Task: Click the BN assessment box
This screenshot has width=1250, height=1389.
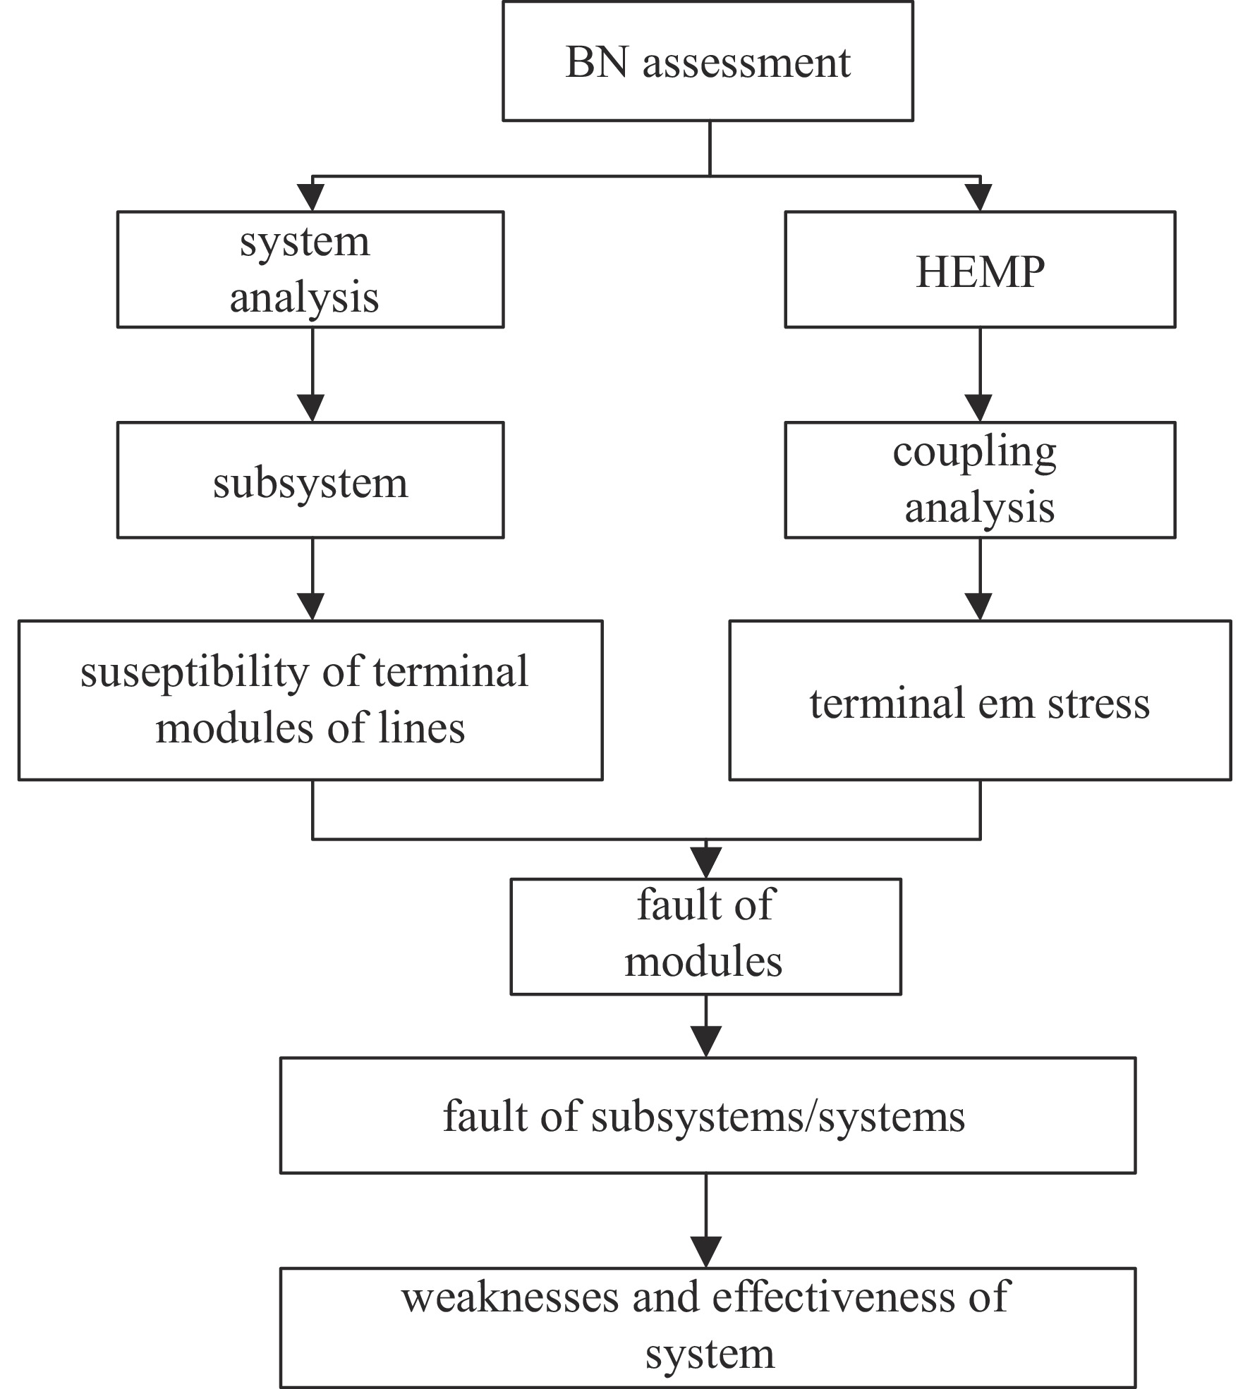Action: [x=708, y=61]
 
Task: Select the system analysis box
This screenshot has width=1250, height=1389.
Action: [x=310, y=269]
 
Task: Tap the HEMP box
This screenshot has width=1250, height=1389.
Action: [x=980, y=269]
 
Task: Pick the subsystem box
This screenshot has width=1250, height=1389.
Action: [x=310, y=480]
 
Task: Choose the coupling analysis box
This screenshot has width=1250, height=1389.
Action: [x=980, y=480]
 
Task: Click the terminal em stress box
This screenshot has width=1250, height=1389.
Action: [x=980, y=700]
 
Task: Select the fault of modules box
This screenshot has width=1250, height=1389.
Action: [x=705, y=936]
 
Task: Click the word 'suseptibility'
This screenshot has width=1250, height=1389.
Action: [x=195, y=673]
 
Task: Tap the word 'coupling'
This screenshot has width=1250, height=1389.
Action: [x=974, y=453]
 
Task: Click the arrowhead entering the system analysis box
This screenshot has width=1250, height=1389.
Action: [x=312, y=197]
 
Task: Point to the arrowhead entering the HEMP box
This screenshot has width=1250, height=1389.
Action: [x=980, y=197]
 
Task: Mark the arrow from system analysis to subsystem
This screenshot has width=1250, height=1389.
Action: [x=312, y=374]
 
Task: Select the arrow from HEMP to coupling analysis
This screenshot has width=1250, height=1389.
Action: [x=980, y=374]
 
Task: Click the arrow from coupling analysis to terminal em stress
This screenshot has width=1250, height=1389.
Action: [x=980, y=580]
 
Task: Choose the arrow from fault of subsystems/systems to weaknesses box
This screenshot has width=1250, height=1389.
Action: [x=706, y=1221]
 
